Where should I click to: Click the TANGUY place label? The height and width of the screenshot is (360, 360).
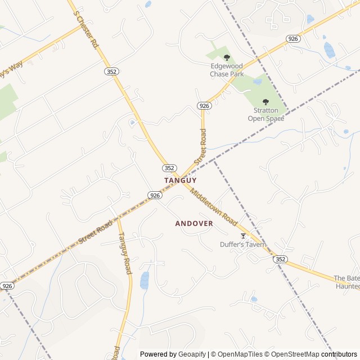tap(180, 180)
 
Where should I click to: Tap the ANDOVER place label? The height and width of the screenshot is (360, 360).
tap(194, 223)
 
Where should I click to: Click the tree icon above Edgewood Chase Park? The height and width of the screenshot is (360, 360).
tap(227, 57)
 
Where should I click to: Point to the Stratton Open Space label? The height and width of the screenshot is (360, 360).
tap(265, 115)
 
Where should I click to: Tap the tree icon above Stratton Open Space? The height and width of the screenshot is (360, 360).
tap(265, 102)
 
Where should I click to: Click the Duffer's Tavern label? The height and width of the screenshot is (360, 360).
tap(243, 245)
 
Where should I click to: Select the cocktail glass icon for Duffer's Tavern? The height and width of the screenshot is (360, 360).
tap(243, 236)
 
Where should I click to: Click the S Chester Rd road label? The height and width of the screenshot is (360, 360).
tap(87, 32)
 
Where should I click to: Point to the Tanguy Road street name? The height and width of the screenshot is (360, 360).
tap(124, 254)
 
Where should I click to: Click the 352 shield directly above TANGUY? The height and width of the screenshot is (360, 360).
tap(169, 168)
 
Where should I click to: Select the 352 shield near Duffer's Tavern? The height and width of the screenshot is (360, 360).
tap(281, 259)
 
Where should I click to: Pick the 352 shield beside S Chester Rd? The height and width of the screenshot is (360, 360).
tap(111, 71)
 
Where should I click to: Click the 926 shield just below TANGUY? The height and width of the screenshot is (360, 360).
tap(155, 195)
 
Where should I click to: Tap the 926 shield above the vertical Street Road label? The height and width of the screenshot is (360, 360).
tap(204, 106)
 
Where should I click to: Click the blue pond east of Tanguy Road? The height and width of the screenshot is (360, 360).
tap(145, 280)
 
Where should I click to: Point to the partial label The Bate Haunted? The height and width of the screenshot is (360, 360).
tap(346, 282)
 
